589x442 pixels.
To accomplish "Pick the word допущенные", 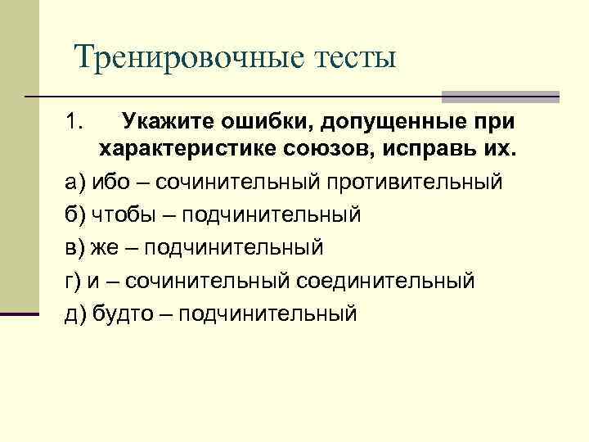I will (x=394, y=123).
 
